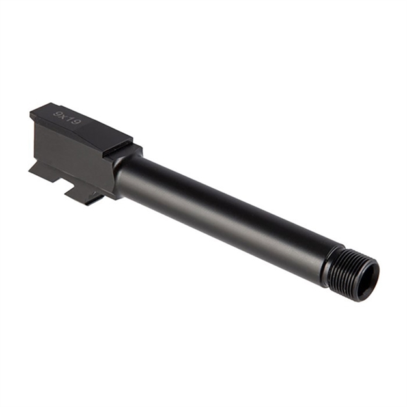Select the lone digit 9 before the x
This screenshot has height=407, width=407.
click(x=57, y=115)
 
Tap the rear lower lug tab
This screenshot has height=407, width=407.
click(x=40, y=171)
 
